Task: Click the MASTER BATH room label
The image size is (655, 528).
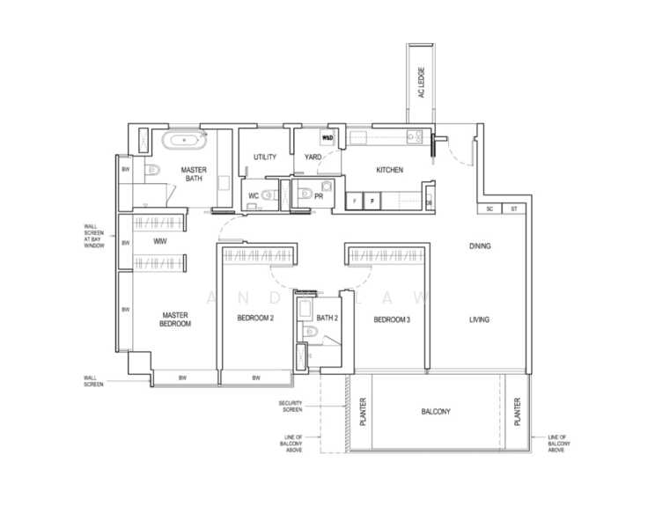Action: pos(194,173)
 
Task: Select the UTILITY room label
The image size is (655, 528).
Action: pos(265,158)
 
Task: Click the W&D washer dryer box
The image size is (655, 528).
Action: pos(327,138)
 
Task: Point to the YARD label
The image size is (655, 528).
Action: pos(313,158)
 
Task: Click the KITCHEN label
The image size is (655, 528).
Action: pos(389,170)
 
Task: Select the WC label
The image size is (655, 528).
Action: pos(252,195)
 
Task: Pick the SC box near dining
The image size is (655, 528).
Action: pos(489,209)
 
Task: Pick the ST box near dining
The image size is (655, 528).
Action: pos(513,209)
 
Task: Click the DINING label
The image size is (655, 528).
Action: pos(480,246)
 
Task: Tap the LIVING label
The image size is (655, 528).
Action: pos(479,319)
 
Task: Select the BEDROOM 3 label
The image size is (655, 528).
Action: pos(392,319)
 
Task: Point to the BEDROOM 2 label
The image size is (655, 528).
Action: pos(255,319)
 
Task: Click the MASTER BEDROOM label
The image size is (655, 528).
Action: pos(175,319)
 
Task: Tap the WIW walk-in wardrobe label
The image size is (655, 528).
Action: pos(159,240)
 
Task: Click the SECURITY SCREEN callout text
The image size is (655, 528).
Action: pos(291,406)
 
